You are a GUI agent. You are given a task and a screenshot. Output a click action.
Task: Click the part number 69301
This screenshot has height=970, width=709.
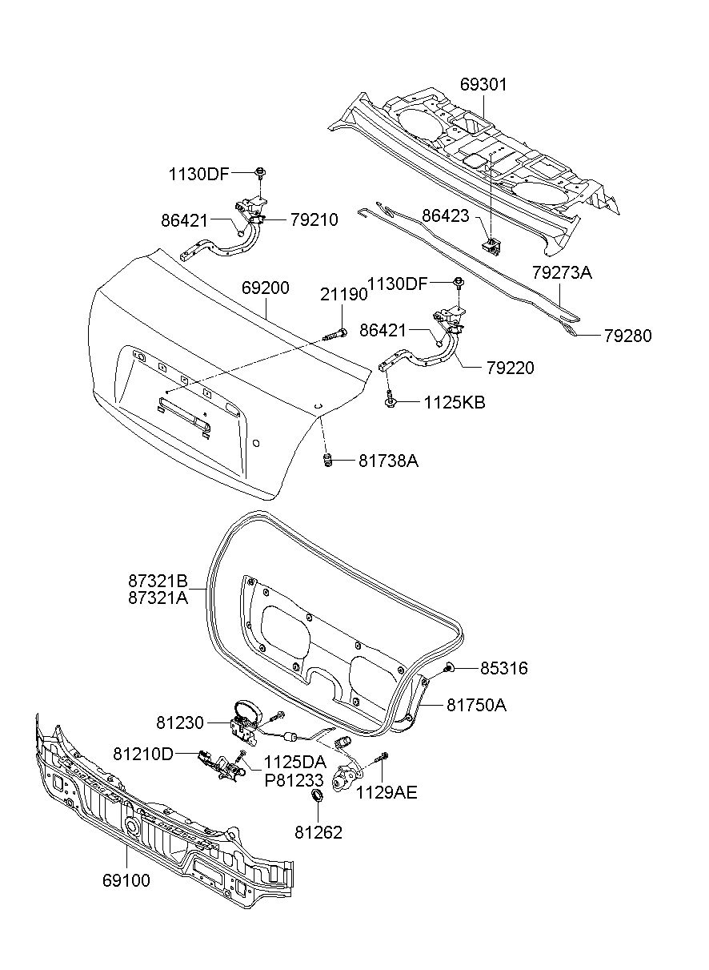pyautogui.click(x=483, y=85)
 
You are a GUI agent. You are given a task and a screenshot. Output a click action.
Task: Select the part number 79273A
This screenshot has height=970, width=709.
pyautogui.click(x=562, y=272)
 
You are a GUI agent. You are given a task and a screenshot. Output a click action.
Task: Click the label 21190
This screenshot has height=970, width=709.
pyautogui.click(x=344, y=294)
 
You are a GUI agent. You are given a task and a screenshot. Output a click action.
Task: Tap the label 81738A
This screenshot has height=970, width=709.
pyautogui.click(x=388, y=461)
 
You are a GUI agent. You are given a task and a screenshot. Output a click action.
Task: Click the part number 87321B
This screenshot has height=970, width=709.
pyautogui.click(x=158, y=580)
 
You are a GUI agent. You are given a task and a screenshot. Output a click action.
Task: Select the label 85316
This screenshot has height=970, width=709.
pyautogui.click(x=504, y=668)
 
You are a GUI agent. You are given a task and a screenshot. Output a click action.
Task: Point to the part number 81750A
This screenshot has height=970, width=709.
pyautogui.click(x=477, y=705)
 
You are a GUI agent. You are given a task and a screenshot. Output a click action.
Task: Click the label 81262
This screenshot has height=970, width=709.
pyautogui.click(x=318, y=832)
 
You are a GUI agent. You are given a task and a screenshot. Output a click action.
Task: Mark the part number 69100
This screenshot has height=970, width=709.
pyautogui.click(x=126, y=881)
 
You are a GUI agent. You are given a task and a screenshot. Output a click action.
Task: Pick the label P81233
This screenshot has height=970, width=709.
pyautogui.click(x=294, y=779)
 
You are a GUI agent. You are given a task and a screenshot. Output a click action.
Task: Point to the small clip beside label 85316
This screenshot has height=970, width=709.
pyautogui.click(x=449, y=667)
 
